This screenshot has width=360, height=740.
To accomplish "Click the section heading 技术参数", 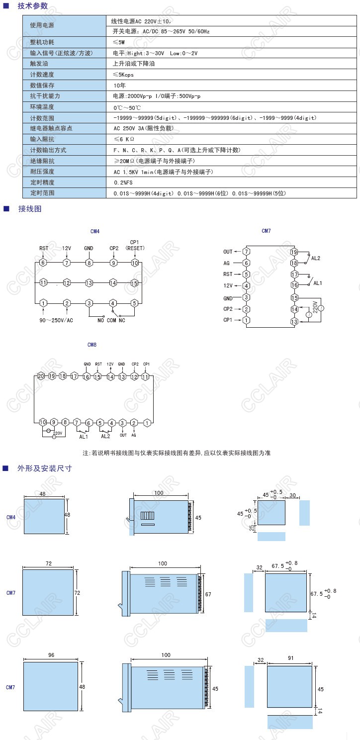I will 33,6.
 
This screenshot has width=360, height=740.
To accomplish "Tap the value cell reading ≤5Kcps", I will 123,75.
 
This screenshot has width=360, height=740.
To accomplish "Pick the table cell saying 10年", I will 119,85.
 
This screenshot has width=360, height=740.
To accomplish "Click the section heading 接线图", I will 30,209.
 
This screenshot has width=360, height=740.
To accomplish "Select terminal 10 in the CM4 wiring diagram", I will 134,263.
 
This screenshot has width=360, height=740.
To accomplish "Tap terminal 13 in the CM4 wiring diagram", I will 89,282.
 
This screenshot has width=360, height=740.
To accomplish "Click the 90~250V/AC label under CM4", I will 57,320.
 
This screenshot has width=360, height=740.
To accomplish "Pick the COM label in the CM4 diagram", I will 111,320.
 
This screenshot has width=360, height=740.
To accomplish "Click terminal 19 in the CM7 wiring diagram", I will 294,252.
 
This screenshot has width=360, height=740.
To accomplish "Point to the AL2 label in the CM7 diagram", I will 316,258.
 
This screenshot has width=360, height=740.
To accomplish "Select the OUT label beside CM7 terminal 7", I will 228,252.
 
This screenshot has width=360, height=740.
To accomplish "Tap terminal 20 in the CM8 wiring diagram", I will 41,376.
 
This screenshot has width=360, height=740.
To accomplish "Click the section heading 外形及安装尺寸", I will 44,468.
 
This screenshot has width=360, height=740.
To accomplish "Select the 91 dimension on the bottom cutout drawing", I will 291,658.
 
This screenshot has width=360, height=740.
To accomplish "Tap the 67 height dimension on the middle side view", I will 208,594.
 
